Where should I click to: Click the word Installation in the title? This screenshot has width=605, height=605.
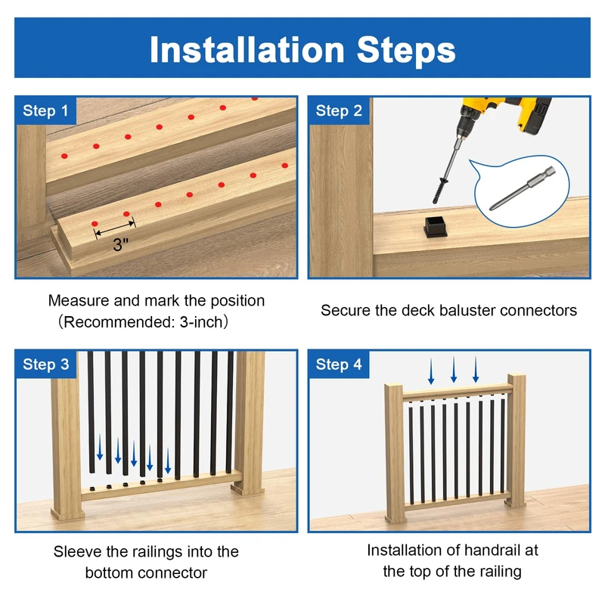coord(247,49)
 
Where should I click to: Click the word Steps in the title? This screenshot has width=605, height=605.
coord(406,50)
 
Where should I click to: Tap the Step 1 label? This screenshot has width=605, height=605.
coord(45,110)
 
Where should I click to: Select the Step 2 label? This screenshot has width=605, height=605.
coord(339,110)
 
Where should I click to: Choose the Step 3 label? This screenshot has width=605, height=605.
coord(45,365)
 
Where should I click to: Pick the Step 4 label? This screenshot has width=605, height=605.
coord(339,365)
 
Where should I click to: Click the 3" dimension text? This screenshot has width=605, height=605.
coord(120,244)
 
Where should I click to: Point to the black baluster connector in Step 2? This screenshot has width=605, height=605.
coord(436,227)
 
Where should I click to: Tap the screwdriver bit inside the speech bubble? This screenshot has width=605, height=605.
coord(523,188)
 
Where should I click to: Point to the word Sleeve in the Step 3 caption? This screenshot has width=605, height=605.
coord(78,552)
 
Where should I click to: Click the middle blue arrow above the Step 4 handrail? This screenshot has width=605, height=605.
coord(454,370)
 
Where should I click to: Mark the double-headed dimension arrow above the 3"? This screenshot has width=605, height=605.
coord(115,228)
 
